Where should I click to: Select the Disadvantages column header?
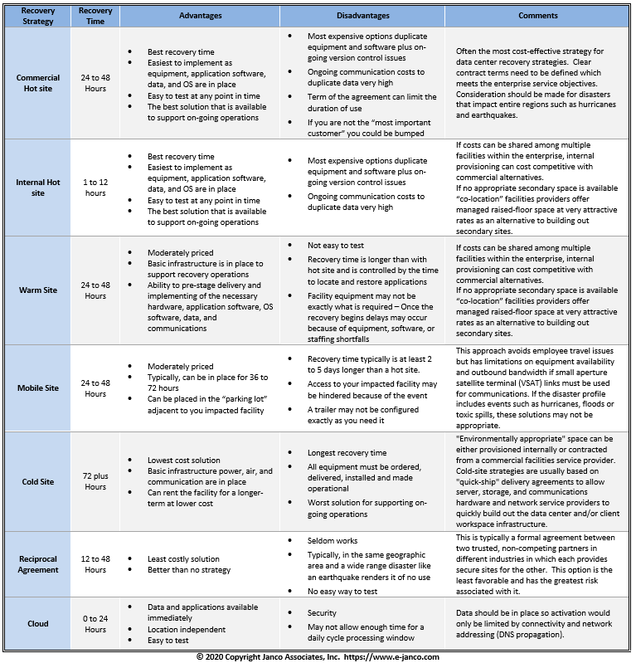pos(366,16)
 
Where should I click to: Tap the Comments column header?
pos(538,16)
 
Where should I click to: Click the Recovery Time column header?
pos(95,16)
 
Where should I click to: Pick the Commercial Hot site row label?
pos(38,83)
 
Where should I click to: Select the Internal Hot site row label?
pos(38,188)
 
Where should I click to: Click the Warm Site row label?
pos(38,290)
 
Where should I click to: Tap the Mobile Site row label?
pos(38,388)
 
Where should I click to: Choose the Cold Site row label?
pos(38,481)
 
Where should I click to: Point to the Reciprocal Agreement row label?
pos(38,564)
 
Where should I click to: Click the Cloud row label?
pos(38,623)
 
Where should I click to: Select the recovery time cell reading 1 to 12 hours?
pos(95,188)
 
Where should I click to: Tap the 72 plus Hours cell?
pos(95,481)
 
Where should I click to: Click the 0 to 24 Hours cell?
pos(95,623)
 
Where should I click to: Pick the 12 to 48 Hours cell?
pos(95,564)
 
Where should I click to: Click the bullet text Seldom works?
pos(335,540)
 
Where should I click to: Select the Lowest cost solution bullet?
pos(183,460)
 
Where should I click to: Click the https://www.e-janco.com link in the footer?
pos(396,656)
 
